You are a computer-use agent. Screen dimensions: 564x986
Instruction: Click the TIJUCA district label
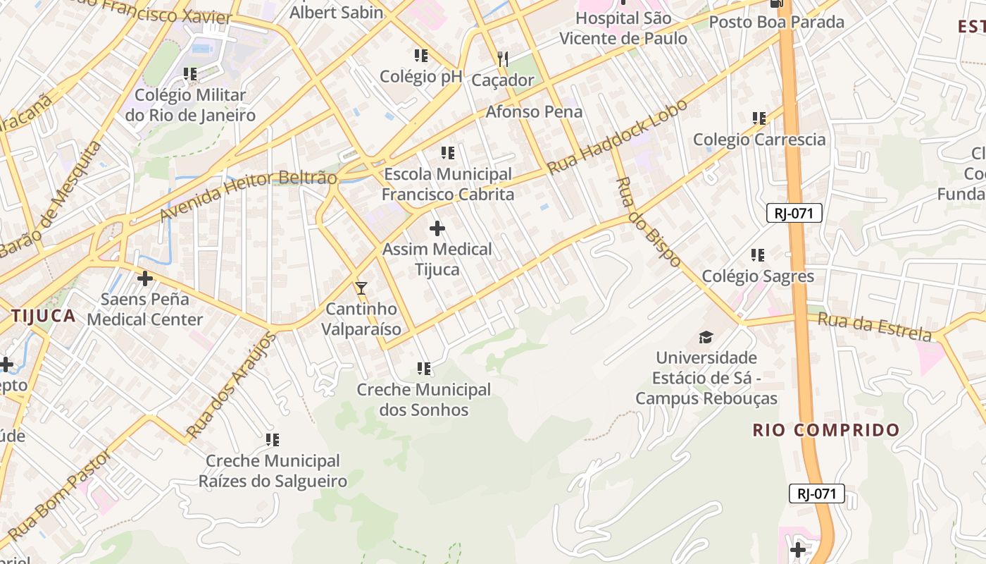(43, 316)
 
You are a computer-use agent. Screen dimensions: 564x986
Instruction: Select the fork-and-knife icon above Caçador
(502, 59)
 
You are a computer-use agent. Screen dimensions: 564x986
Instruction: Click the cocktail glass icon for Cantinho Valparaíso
(361, 288)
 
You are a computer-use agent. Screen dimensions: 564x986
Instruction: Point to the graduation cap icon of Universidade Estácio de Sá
(706, 337)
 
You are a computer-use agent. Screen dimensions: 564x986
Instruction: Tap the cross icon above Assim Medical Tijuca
(437, 228)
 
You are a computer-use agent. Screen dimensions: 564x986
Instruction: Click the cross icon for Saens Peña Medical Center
(145, 278)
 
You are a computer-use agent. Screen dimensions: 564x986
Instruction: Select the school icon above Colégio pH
(421, 56)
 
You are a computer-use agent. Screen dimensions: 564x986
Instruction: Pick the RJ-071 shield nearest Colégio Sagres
(794, 213)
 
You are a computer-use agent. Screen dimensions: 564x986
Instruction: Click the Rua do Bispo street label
(649, 222)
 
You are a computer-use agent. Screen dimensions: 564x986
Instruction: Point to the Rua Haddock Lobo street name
(617, 137)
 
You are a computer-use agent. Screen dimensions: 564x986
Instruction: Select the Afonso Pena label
(534, 111)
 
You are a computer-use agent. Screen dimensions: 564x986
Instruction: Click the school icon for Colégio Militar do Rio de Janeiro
(189, 74)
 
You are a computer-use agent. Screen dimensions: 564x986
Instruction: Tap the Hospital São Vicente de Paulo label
(623, 28)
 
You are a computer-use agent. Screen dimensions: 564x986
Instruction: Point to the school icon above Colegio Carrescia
(759, 118)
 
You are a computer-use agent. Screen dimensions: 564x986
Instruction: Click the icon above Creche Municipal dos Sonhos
(423, 369)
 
